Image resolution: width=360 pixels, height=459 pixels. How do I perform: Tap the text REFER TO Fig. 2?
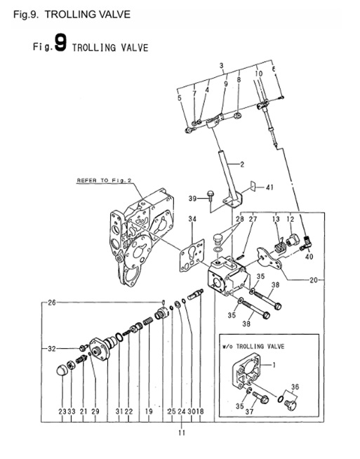tap(103, 180)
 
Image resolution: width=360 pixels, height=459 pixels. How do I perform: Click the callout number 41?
tap(270, 188)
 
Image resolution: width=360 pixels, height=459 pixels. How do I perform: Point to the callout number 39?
tap(192, 199)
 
